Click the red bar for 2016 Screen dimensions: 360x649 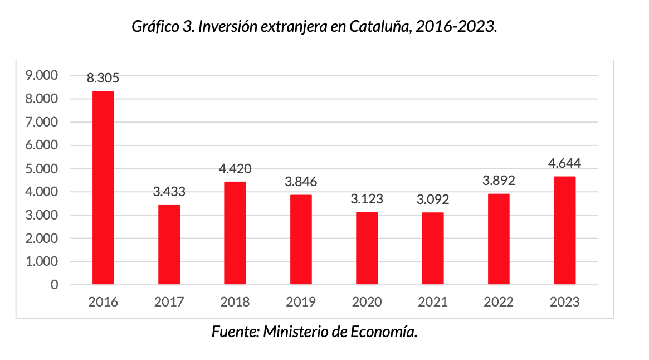coord(103,188)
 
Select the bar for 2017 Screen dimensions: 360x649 coord(169,245)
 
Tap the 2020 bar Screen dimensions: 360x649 coord(367,248)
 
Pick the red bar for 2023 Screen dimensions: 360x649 coord(564,230)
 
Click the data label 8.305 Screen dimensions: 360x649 coord(103,78)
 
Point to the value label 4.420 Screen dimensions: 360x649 coord(235,169)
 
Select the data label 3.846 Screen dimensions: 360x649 coord(301,182)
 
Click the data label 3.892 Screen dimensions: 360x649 coord(499,181)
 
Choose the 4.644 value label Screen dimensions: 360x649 coord(564,163)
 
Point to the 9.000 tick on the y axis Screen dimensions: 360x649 coord(42,75)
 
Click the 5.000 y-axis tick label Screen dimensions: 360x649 coord(42,168)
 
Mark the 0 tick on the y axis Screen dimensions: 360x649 coord(54,285)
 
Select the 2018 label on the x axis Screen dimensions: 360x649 coord(235,303)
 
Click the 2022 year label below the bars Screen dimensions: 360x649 coord(499,303)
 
